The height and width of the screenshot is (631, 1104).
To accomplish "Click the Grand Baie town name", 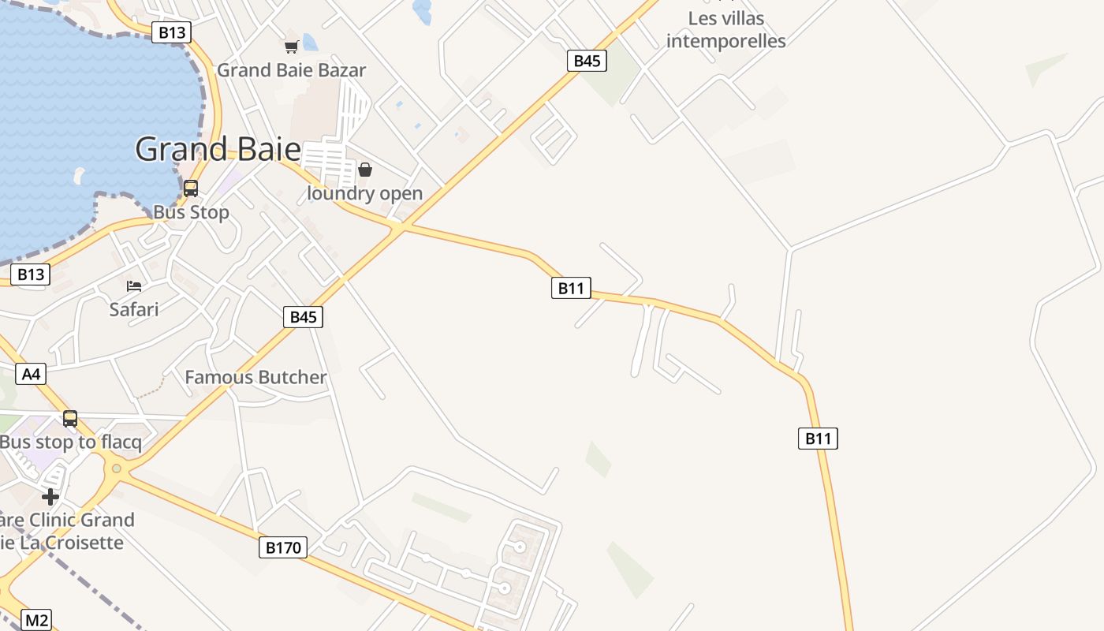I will pos(218,149).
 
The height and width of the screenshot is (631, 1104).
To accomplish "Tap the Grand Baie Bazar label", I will pos(291,70).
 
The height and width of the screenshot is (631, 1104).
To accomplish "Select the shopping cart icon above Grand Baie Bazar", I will pos(291,47).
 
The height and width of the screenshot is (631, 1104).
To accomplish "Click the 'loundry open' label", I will pos(364,193).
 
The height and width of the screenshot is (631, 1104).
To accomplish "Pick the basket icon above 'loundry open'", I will pos(365,170).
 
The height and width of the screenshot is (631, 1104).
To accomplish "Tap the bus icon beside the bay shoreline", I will pos(191,189).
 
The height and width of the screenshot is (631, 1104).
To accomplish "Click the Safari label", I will pos(134,309).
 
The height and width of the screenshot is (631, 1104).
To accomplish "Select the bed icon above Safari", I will pos(134,286).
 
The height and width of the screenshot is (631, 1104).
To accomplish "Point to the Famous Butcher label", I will pos(255,377).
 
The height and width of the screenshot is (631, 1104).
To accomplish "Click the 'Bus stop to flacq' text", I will pos(71,442).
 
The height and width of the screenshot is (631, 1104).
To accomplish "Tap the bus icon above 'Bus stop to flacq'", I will pos(70,419).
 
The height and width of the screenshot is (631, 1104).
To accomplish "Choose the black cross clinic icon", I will pos(50,497).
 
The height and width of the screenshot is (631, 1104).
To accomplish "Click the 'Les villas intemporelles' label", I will pos(725,29).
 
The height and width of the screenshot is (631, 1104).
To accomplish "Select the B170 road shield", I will pos(282,547).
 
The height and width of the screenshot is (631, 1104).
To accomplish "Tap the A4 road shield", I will pos(31,373).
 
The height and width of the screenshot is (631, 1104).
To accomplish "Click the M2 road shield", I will pos(36,621).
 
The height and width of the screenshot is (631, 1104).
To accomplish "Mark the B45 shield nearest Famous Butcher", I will pos(303,317).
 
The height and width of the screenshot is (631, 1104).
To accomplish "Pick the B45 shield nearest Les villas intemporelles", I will pos(587,61).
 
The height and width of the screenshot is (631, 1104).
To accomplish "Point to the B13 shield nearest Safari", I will pos(31,274).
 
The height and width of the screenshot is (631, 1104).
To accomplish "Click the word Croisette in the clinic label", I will pos(84,543).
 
